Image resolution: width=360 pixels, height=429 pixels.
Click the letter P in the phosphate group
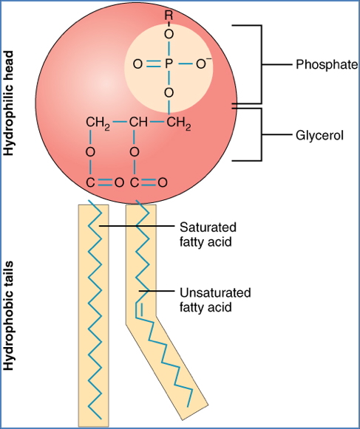169,65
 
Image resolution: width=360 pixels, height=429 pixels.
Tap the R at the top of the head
169,15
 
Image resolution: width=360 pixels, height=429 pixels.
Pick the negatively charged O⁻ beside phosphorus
203,64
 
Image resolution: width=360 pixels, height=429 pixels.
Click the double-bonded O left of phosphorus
136,65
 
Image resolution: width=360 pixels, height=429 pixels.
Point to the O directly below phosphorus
169,92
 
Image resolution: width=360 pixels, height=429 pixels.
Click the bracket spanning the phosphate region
260,64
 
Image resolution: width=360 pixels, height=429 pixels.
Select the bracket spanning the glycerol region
260,136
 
